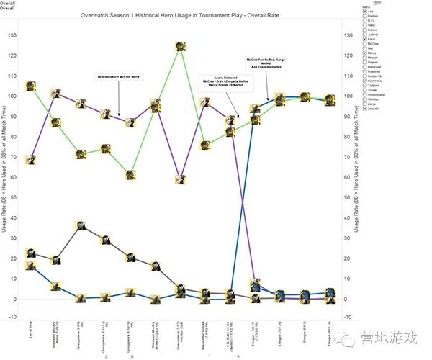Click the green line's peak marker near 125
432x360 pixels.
(x=182, y=46)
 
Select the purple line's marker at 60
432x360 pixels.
(x=181, y=179)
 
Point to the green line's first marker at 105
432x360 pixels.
(x=31, y=86)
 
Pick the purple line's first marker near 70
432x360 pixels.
(x=31, y=159)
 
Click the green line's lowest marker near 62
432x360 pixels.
(x=131, y=175)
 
